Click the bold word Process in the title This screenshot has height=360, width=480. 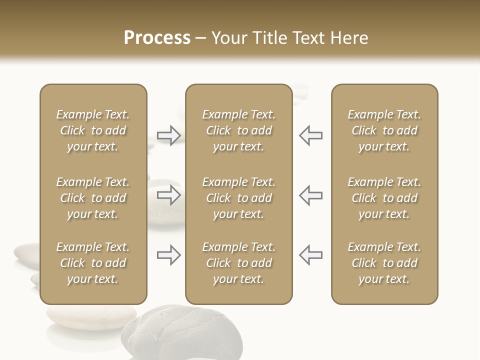tap(157, 38)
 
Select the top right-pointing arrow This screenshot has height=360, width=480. tap(168, 135)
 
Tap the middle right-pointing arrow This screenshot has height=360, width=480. tap(168, 195)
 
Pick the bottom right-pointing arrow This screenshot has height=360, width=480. tap(168, 255)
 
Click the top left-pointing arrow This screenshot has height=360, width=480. tap(310, 135)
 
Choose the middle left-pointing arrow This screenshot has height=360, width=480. tap(310, 195)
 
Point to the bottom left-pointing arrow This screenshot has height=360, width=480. tap(310, 255)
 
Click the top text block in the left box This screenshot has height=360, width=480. tap(93, 130)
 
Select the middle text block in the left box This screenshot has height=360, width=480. tap(93, 198)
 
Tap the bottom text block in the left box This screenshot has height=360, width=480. tap(93, 263)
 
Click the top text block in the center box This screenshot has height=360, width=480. tap(239, 130)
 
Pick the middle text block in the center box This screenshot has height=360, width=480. tap(239, 198)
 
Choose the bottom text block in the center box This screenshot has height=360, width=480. tap(239, 263)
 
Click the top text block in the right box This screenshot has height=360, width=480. tap(384, 130)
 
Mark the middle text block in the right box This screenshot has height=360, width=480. tap(384, 198)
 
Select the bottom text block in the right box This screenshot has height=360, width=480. tap(384, 263)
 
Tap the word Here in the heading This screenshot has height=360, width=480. tap(348, 38)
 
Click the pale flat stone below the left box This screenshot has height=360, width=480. tap(90, 316)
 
